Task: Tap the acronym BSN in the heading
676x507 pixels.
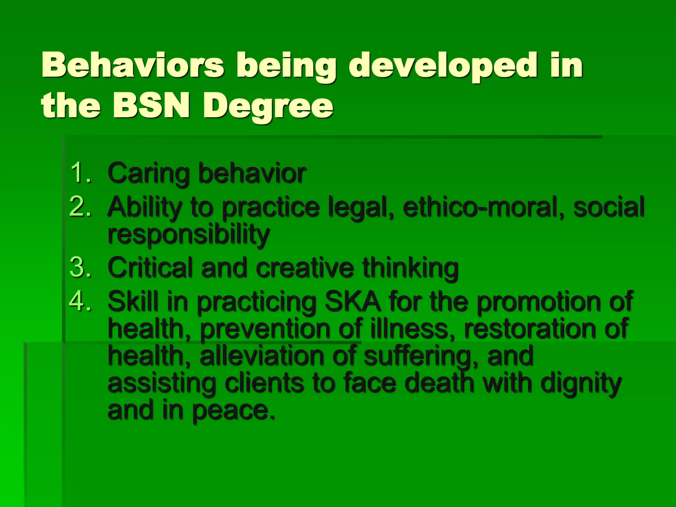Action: tap(151, 106)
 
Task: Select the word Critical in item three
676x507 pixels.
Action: tap(150, 267)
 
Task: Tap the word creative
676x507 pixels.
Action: tap(305, 268)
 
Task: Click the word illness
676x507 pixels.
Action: tap(409, 329)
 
